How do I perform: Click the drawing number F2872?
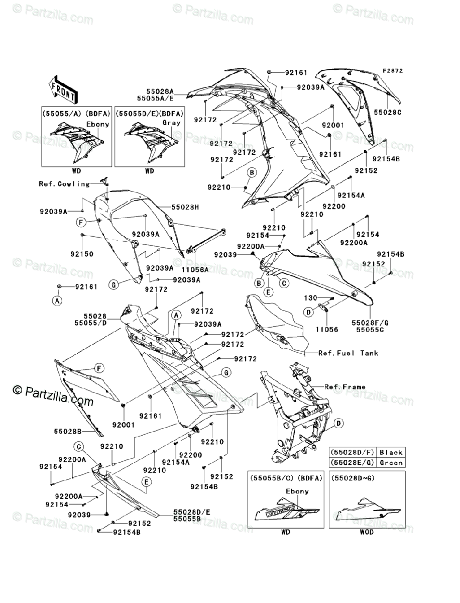(x=393, y=71)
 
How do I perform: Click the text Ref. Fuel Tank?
(x=349, y=353)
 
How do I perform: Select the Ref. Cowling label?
(x=64, y=184)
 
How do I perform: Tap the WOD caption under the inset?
(x=367, y=532)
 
